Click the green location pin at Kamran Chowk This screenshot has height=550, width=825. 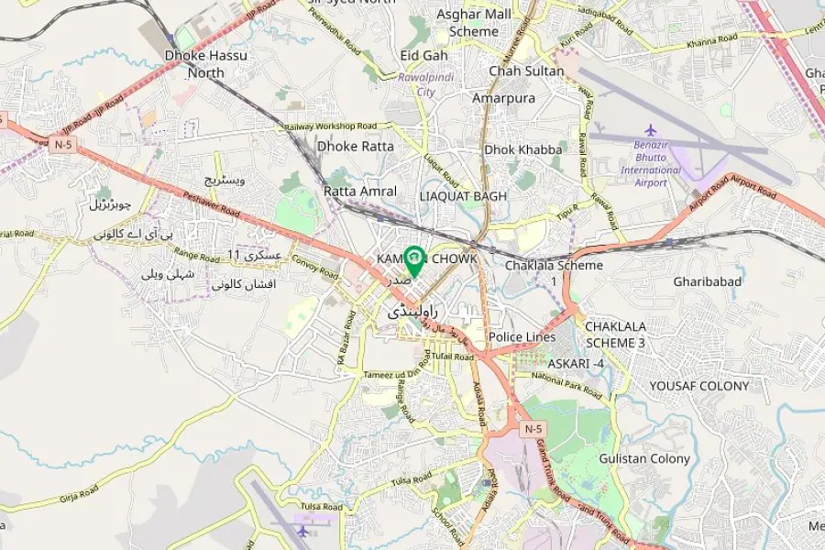[x=413, y=260]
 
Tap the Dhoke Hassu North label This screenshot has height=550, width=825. [x=205, y=63]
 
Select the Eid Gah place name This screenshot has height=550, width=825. [x=423, y=55]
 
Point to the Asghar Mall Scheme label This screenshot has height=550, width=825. [x=474, y=23]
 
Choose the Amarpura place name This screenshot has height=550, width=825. [x=503, y=98]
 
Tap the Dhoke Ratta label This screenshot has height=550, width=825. [x=356, y=146]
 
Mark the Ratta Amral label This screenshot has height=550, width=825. [x=360, y=192]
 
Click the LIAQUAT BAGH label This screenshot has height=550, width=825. [x=463, y=196]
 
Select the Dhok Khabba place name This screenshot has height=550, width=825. [x=523, y=149]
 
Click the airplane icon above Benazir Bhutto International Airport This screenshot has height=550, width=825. [x=651, y=130]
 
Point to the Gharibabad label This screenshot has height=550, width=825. [x=707, y=281]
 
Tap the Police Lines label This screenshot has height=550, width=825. [x=522, y=337]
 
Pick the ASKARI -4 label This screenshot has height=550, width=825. [x=576, y=363]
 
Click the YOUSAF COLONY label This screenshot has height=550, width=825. [x=699, y=386]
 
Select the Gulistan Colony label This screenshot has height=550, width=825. [x=644, y=458]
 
